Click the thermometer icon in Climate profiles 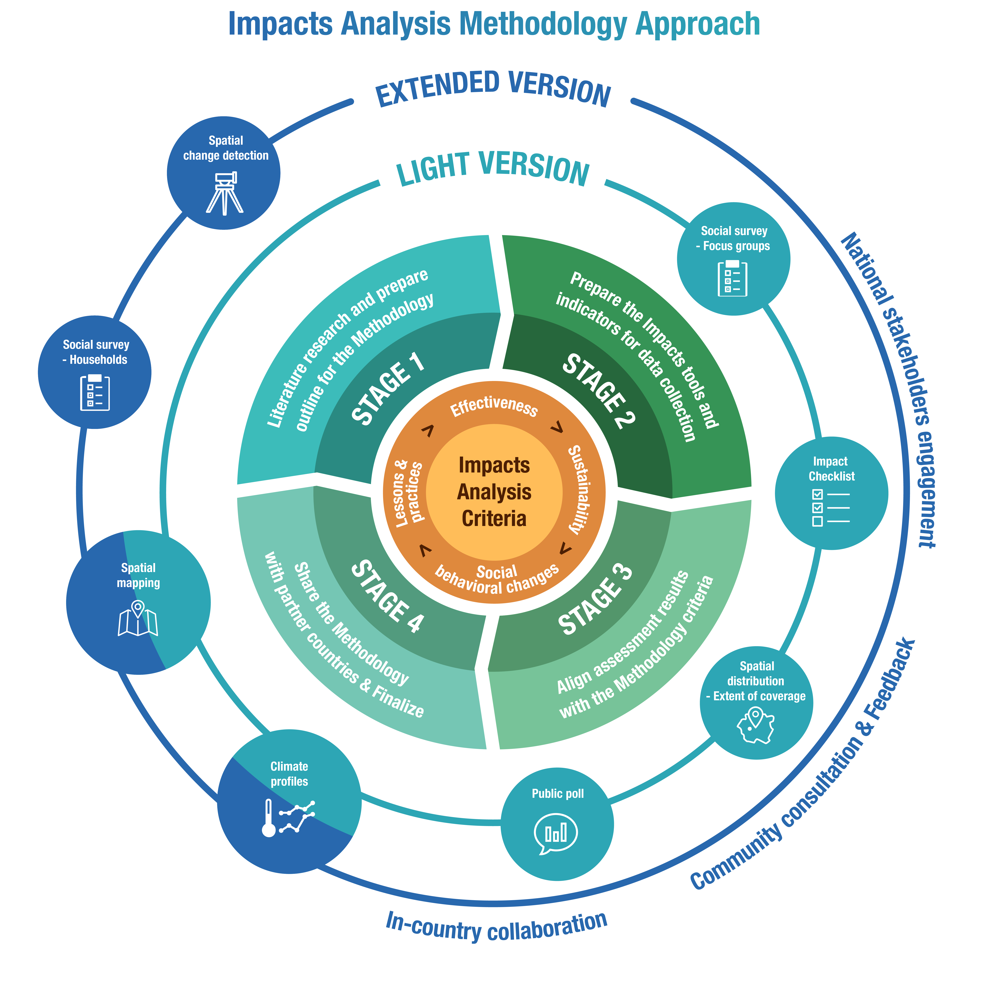(x=269, y=818)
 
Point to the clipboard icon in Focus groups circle (x=732, y=278)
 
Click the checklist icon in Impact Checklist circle (x=830, y=508)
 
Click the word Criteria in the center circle (x=493, y=519)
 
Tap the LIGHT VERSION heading (x=493, y=169)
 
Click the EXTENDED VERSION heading (x=493, y=89)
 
